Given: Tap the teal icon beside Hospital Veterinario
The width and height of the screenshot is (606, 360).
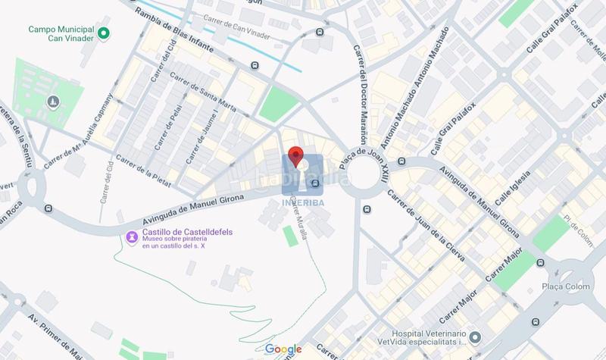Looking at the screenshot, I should point(474,336).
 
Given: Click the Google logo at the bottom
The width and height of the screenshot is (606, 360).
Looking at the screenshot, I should point(284,349).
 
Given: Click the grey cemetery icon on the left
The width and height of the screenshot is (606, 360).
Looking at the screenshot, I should point(53,101).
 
